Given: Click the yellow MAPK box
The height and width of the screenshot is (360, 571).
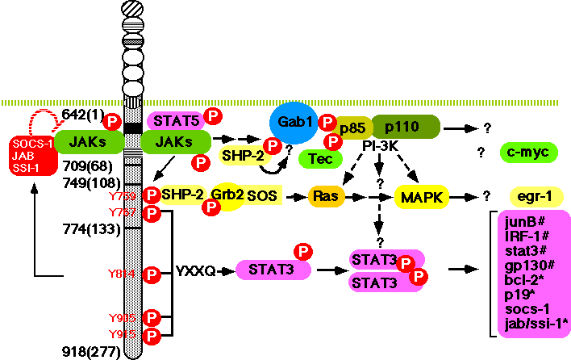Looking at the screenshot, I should click(x=420, y=196).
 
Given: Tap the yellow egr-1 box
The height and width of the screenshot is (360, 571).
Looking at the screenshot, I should click(x=535, y=196).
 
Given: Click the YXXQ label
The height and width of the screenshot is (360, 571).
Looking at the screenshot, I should click(x=195, y=271).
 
